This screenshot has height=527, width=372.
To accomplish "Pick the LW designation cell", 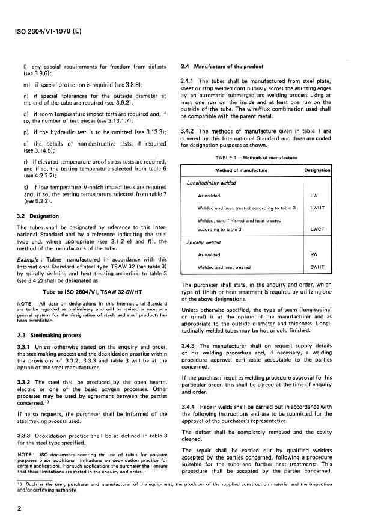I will tap(313, 195).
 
